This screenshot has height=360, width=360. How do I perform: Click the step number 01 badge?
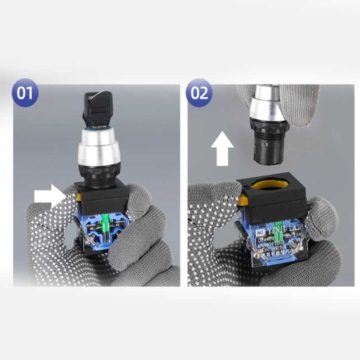25,93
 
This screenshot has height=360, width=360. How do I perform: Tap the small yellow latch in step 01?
79,194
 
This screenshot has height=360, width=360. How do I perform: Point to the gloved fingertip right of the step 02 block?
321,211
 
